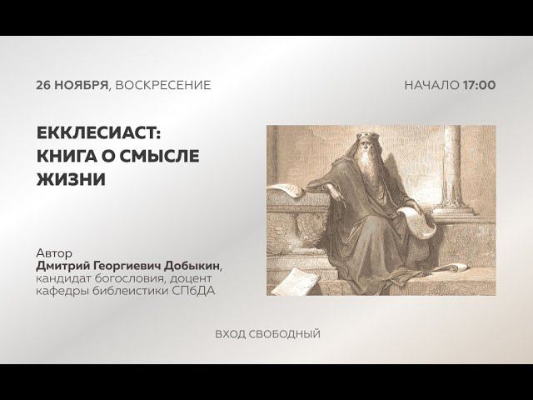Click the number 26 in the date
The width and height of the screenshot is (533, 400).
(45, 85)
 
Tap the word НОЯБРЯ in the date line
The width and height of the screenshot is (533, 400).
(82, 85)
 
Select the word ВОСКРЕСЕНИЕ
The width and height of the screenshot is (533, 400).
(163, 85)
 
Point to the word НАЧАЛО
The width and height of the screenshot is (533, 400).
(431, 85)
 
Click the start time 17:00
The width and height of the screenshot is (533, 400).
(480, 85)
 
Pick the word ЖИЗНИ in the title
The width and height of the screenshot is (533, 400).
(71, 179)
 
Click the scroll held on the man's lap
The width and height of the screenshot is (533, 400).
(414, 222)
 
